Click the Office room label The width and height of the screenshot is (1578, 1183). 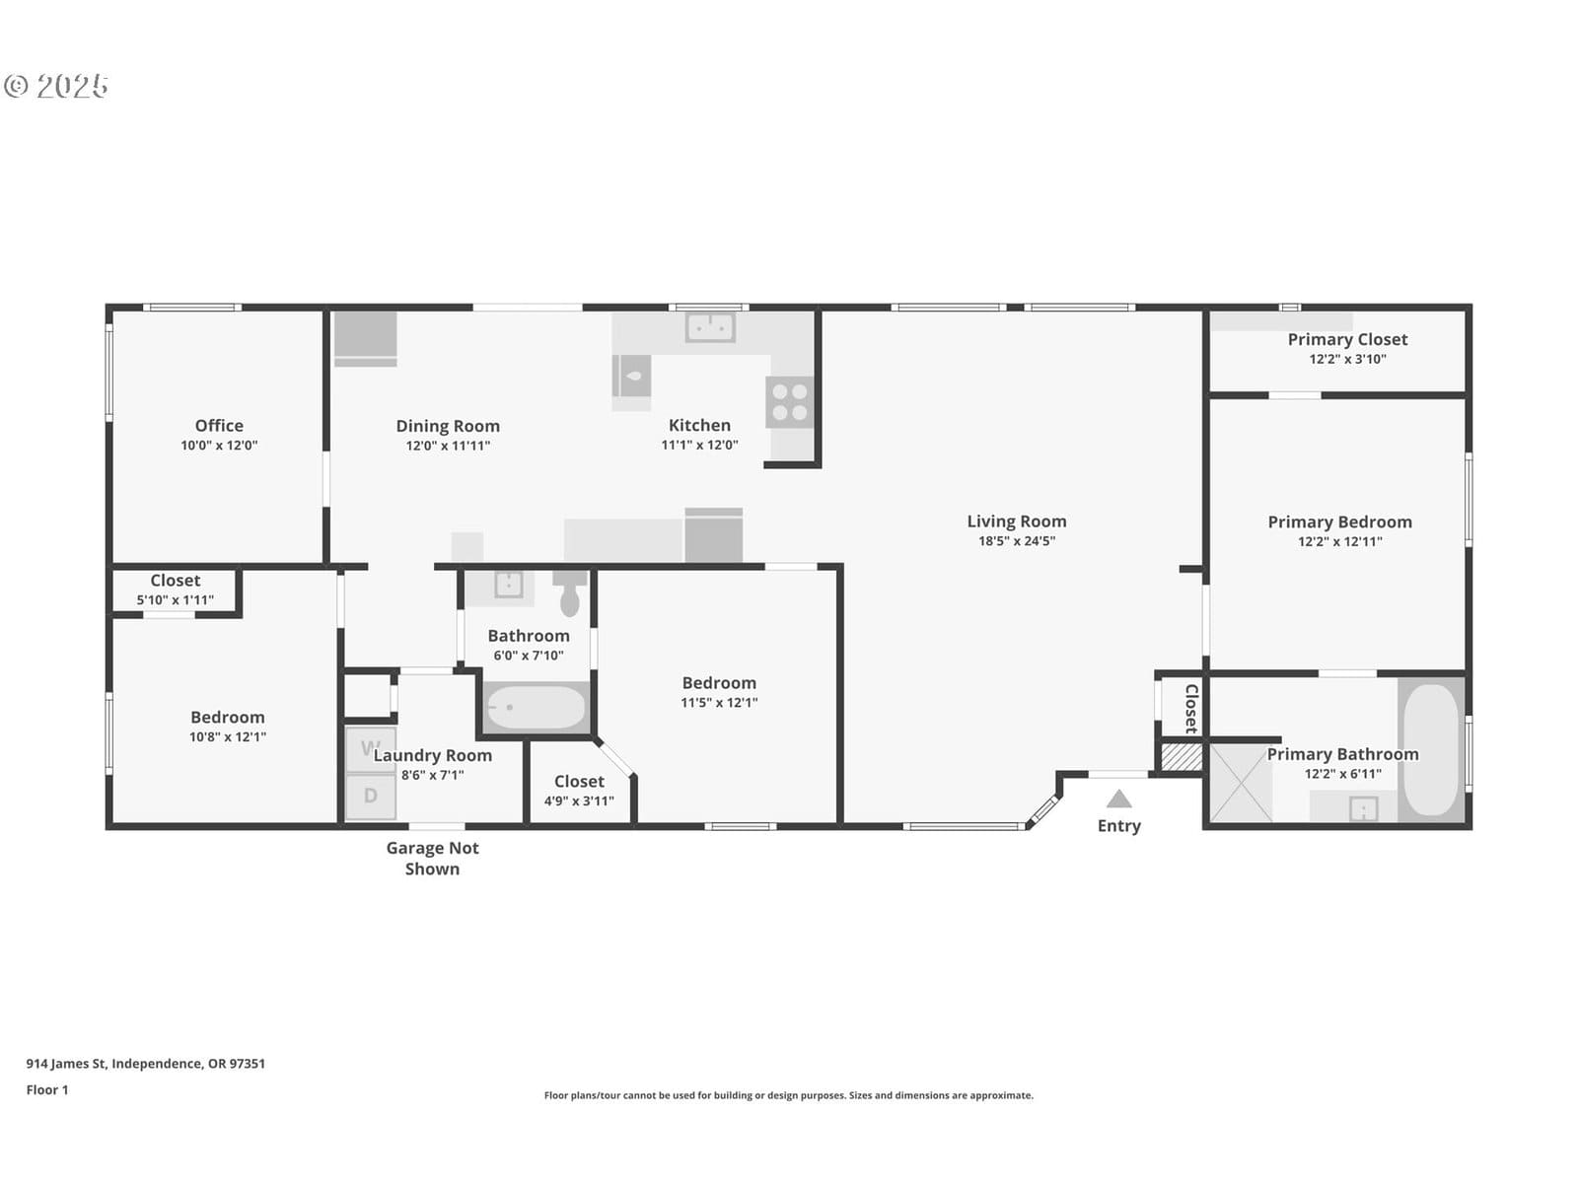coord(219,425)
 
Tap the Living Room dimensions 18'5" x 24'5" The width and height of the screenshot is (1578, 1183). coord(1017,541)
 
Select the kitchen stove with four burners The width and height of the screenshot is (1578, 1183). coord(789,401)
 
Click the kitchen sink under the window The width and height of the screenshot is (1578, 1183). coord(709,327)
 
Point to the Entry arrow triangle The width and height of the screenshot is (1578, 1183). coord(1118,799)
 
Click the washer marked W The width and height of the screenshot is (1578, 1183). coord(370,749)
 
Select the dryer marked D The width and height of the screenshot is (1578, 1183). coord(370,796)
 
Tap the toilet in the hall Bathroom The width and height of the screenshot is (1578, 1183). coord(569,593)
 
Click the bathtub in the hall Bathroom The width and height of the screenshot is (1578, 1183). coord(536,708)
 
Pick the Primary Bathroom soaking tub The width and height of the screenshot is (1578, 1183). coord(1431,749)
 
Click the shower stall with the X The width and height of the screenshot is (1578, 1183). coord(1241,783)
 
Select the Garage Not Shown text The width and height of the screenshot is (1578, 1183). coord(432,859)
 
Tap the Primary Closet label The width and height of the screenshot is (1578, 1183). coord(1347,339)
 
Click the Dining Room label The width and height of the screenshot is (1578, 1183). coord(448,426)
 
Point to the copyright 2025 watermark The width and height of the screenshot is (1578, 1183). coord(56,86)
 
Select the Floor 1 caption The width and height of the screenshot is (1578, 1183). coord(47,1089)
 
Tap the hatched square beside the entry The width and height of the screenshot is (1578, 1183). coord(1182,757)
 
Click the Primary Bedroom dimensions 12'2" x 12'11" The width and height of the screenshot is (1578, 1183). coord(1339,541)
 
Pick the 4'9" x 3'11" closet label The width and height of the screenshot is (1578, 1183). coord(579,800)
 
